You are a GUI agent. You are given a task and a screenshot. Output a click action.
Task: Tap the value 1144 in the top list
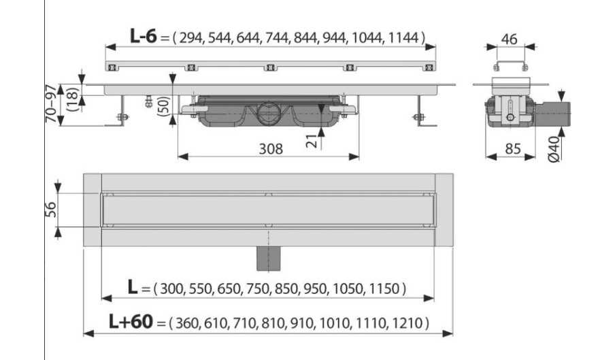pyautogui.click(x=403, y=37)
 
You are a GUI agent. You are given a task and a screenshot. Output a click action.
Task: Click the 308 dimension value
pyautogui.click(x=271, y=149)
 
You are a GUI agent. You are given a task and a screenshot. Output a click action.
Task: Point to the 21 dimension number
pyautogui.click(x=312, y=140)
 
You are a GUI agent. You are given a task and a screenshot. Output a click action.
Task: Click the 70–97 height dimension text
pyautogui.click(x=52, y=103)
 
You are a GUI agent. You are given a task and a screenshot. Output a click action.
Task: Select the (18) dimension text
pyautogui.click(x=73, y=99)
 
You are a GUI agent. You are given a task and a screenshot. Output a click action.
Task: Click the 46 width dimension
pyautogui.click(x=509, y=39)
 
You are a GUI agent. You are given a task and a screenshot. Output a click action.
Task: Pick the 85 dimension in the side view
pyautogui.click(x=513, y=149)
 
